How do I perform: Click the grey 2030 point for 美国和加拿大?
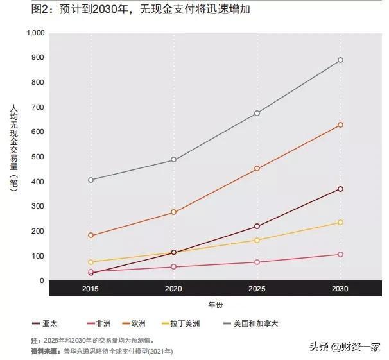pyautogui.click(x=340, y=60)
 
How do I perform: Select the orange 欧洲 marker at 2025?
pyautogui.click(x=257, y=169)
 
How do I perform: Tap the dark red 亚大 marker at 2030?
pyautogui.click(x=340, y=189)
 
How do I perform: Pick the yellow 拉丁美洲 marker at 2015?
pyautogui.click(x=91, y=262)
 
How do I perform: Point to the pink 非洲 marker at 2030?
pyautogui.click(x=340, y=255)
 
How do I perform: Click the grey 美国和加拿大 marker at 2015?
pyautogui.click(x=91, y=180)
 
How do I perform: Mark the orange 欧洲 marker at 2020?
pyautogui.click(x=173, y=212)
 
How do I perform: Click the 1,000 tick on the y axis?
pyautogui.click(x=36, y=33)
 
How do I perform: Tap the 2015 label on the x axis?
pyautogui.click(x=91, y=289)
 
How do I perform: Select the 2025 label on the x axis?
pyautogui.click(x=257, y=289)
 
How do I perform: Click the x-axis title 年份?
pyautogui.click(x=216, y=304)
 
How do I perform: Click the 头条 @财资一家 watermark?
pyautogui.click(x=343, y=347)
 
